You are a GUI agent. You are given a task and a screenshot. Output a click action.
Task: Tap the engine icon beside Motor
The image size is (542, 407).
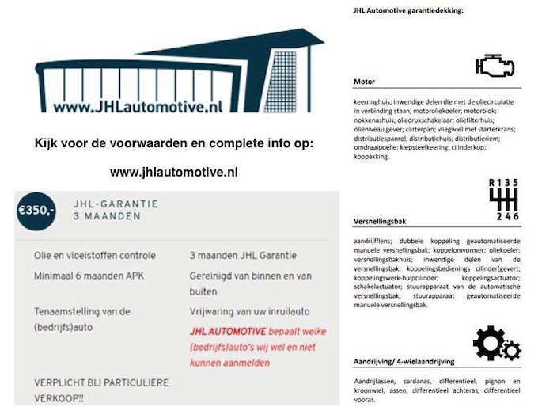[495, 66]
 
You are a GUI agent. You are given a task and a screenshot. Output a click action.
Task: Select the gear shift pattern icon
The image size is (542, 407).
[503, 200]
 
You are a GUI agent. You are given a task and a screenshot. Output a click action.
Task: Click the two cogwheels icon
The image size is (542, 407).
[496, 344]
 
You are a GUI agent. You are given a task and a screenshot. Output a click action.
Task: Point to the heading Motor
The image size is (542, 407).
[365, 81]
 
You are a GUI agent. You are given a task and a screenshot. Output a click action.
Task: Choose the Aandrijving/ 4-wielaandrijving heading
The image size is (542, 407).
[404, 361]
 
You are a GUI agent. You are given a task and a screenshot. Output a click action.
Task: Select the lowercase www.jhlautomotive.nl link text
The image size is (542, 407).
[174, 171]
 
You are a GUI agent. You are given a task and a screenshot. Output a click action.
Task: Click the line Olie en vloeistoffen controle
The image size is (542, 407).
[95, 256]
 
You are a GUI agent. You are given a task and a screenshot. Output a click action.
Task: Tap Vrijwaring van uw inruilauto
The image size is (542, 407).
[250, 311]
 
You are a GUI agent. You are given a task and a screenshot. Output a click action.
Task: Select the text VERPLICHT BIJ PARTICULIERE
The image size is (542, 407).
[100, 382]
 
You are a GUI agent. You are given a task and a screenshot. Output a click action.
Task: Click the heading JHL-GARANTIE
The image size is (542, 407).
[115, 203]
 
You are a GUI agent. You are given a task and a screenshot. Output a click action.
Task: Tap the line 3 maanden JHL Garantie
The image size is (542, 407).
[244, 256]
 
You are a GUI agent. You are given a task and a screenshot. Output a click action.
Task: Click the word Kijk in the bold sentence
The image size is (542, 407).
[46, 144]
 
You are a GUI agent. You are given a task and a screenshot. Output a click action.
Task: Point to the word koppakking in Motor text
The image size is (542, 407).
[371, 157]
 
